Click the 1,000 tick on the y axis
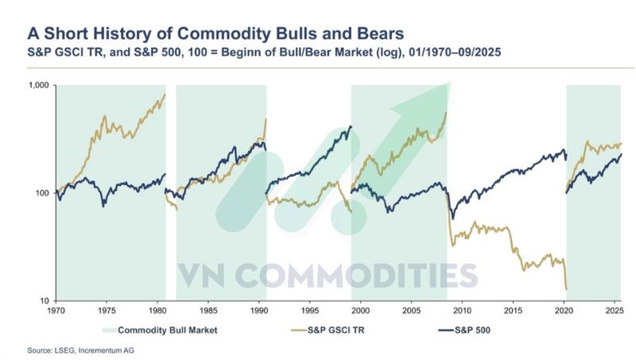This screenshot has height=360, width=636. pyautogui.click(x=39, y=84)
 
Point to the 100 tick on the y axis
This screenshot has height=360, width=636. pyautogui.click(x=42, y=192)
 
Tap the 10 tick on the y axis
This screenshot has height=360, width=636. pyautogui.click(x=45, y=301)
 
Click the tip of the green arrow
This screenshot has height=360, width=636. pyautogui.click(x=449, y=83)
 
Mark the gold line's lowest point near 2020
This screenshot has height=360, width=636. pyautogui.click(x=565, y=289)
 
